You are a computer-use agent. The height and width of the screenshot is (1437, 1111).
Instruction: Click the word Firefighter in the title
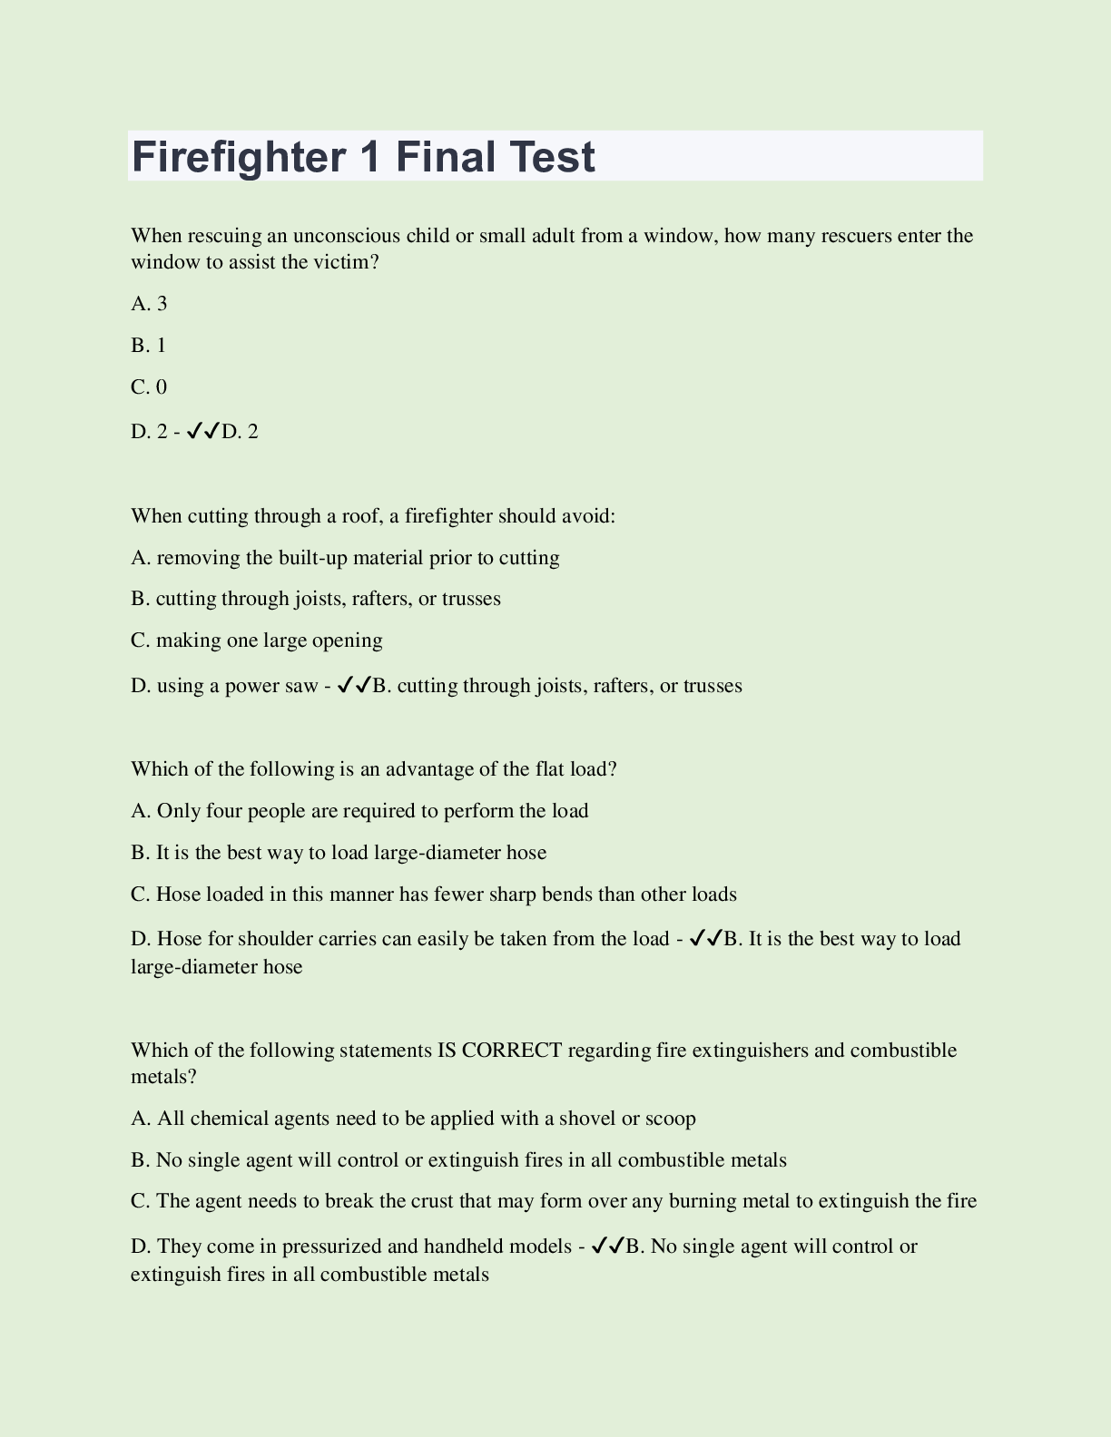pos(235,157)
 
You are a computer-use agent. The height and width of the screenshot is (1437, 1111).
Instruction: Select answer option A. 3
pos(149,304)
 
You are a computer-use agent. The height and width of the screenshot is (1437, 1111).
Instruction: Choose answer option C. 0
pos(149,387)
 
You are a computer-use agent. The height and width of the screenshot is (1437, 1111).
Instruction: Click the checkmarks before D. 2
pos(203,432)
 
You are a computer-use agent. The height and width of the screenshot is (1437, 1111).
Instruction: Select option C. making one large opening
pos(257,640)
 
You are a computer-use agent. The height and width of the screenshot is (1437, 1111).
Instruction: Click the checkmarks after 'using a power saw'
pos(354,686)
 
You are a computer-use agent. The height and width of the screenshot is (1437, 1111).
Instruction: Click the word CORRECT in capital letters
pos(512,1051)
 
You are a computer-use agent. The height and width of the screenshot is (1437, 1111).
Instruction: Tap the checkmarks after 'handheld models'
pos(607,1246)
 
